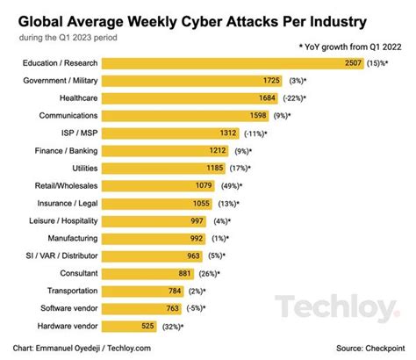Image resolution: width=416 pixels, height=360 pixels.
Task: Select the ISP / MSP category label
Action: point(76,133)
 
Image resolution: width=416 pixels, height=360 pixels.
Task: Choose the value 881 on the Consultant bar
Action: point(206,272)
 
